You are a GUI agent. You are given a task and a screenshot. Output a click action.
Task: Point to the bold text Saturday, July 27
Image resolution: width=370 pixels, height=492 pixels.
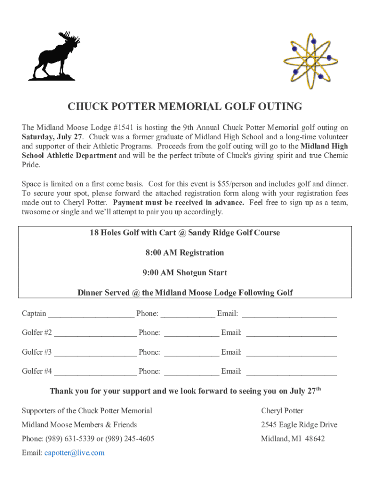pos(52,137)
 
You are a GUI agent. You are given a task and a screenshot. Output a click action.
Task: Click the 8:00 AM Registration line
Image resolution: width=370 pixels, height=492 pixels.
pos(185,253)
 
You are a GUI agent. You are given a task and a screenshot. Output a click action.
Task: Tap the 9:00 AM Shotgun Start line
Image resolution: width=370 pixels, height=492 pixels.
pos(185,273)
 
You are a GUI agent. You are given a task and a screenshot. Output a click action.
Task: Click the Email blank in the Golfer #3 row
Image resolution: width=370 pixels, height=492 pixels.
pos(291,354)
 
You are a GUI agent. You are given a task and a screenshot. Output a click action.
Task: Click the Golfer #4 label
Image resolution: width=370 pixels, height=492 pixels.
pos(37,371)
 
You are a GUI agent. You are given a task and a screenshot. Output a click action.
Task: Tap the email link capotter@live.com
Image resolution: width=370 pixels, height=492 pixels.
pos(74,453)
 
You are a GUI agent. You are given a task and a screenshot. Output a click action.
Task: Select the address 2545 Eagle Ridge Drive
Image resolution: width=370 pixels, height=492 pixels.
pos(299,425)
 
